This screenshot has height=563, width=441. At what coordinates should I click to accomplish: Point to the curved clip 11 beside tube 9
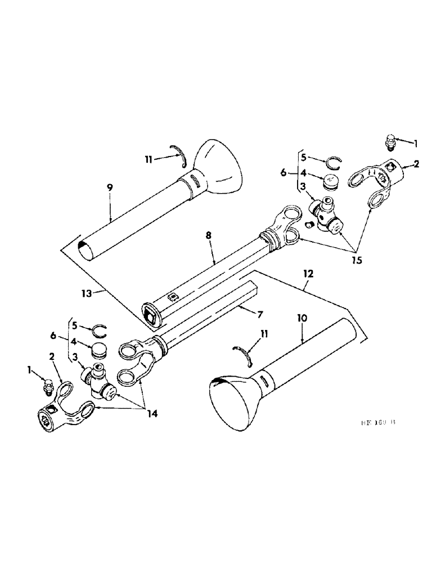[181, 156]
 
